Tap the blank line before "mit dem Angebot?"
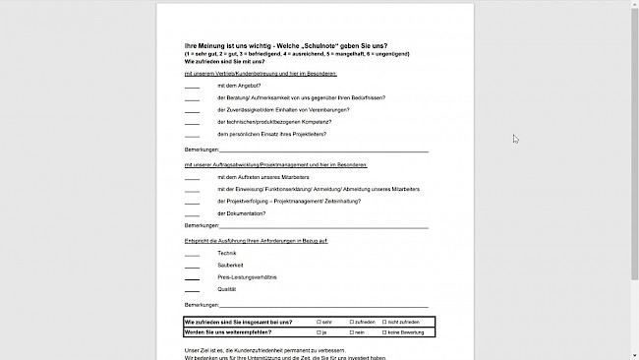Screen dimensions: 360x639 tap(192, 87)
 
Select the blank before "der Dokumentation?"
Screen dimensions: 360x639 tap(192, 212)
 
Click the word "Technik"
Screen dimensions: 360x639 tap(227, 254)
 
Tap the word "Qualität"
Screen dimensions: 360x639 tap(227, 289)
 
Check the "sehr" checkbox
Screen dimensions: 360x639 tap(319, 322)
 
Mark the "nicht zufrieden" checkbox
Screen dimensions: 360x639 tap(381, 322)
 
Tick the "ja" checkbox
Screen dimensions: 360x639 tap(319, 332)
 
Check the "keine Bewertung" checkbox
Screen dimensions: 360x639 tap(381, 332)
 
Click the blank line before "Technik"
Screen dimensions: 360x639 tap(192, 255)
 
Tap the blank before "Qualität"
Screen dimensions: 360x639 tap(192, 290)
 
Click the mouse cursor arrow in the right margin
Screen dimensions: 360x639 tap(516, 139)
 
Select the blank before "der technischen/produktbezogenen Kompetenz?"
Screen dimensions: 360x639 tap(192, 121)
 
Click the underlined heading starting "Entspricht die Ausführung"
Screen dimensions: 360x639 tap(256, 240)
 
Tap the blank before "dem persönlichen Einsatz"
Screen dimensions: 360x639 tap(192, 133)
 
